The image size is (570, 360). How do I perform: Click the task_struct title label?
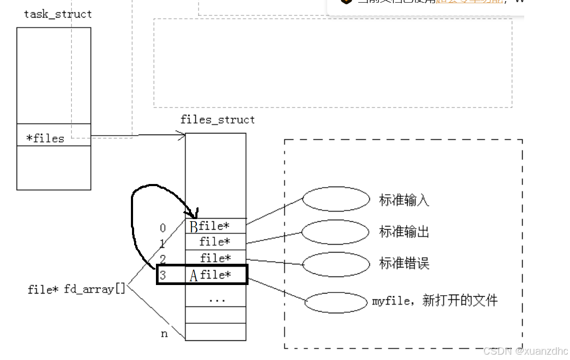point(57,14)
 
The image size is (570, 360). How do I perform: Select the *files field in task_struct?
point(45,138)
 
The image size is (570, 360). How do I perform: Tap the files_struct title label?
point(217,120)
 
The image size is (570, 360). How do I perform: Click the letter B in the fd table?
point(194,227)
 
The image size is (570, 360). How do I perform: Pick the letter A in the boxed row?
point(194,275)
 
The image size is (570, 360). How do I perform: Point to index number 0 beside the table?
point(163,229)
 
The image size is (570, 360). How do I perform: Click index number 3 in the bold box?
point(163,276)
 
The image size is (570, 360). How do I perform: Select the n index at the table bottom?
point(164,334)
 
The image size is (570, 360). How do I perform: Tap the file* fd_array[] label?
point(77,289)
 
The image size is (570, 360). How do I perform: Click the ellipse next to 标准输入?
point(336,199)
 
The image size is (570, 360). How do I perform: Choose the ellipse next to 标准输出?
point(335,232)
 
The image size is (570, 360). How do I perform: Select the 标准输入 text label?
point(404,200)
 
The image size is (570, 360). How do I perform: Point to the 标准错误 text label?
point(404,264)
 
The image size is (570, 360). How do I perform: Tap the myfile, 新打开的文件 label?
point(435,301)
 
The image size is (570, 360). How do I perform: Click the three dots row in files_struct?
point(217,299)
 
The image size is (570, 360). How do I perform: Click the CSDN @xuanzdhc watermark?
point(526,351)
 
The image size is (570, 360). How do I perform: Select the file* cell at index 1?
point(215,242)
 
